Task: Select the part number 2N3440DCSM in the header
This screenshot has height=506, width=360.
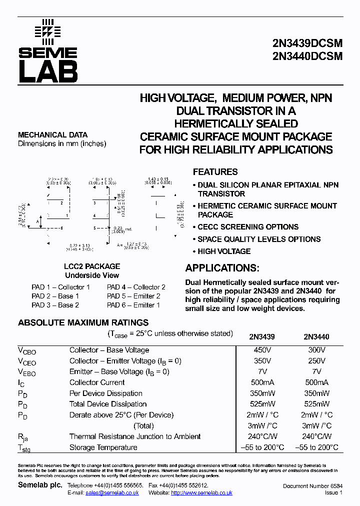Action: (308, 56)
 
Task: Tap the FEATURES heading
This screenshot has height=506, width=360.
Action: (215, 172)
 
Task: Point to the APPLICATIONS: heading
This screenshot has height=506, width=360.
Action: (222, 268)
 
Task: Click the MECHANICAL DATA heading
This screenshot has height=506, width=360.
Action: (52, 135)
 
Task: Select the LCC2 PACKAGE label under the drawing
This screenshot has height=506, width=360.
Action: (92, 266)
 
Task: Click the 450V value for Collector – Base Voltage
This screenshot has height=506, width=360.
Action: (262, 350)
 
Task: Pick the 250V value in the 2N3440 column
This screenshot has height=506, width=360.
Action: (316, 360)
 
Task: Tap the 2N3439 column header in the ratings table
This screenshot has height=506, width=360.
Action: (262, 337)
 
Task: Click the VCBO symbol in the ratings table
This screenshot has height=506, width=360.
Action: (27, 351)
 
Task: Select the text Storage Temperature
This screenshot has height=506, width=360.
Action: (103, 447)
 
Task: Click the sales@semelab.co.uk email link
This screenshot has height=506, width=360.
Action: (112, 493)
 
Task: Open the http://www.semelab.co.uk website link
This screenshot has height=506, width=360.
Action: (201, 493)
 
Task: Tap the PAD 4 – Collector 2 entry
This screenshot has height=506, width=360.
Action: (136, 287)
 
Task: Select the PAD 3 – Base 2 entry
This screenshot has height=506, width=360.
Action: (55, 305)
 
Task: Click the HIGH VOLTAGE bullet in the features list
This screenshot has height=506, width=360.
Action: (223, 251)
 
